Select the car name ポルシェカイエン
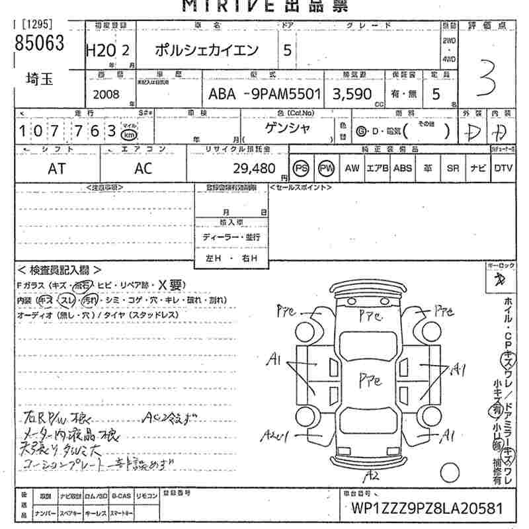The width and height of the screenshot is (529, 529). pyautogui.click(x=206, y=50)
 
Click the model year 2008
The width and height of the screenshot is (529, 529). pyautogui.click(x=107, y=94)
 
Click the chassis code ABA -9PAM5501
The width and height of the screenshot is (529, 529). pyautogui.click(x=264, y=94)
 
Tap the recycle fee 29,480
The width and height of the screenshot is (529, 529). pyautogui.click(x=254, y=169)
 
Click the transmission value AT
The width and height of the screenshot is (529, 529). pyautogui.click(x=57, y=169)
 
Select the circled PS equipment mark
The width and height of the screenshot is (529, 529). pyautogui.click(x=302, y=168)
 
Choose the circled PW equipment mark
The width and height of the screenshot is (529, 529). pyautogui.click(x=326, y=168)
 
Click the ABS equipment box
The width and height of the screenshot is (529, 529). pyautogui.click(x=402, y=169)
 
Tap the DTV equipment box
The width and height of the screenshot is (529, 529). pyautogui.click(x=503, y=169)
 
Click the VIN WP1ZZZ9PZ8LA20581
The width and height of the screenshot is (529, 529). pyautogui.click(x=423, y=510)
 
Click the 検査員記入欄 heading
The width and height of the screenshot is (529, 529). pyautogui.click(x=60, y=270)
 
